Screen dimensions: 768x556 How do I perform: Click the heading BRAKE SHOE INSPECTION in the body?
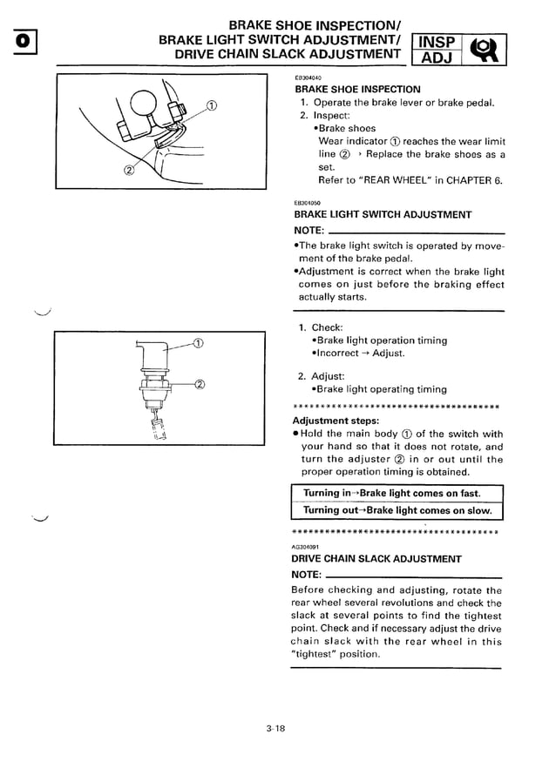tap(357, 89)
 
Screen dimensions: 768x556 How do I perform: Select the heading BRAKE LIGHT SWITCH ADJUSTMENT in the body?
tap(383, 214)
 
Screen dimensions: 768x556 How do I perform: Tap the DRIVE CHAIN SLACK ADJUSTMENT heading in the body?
tap(377, 558)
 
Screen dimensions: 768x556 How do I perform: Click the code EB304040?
tap(309, 77)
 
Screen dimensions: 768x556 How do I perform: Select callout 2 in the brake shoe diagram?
tap(129, 169)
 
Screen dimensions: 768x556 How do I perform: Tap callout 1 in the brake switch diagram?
tap(199, 341)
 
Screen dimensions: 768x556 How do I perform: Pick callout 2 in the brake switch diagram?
tap(199, 383)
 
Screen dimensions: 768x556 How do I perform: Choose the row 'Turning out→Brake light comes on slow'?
tap(397, 510)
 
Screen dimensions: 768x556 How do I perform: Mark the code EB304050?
tap(309, 202)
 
